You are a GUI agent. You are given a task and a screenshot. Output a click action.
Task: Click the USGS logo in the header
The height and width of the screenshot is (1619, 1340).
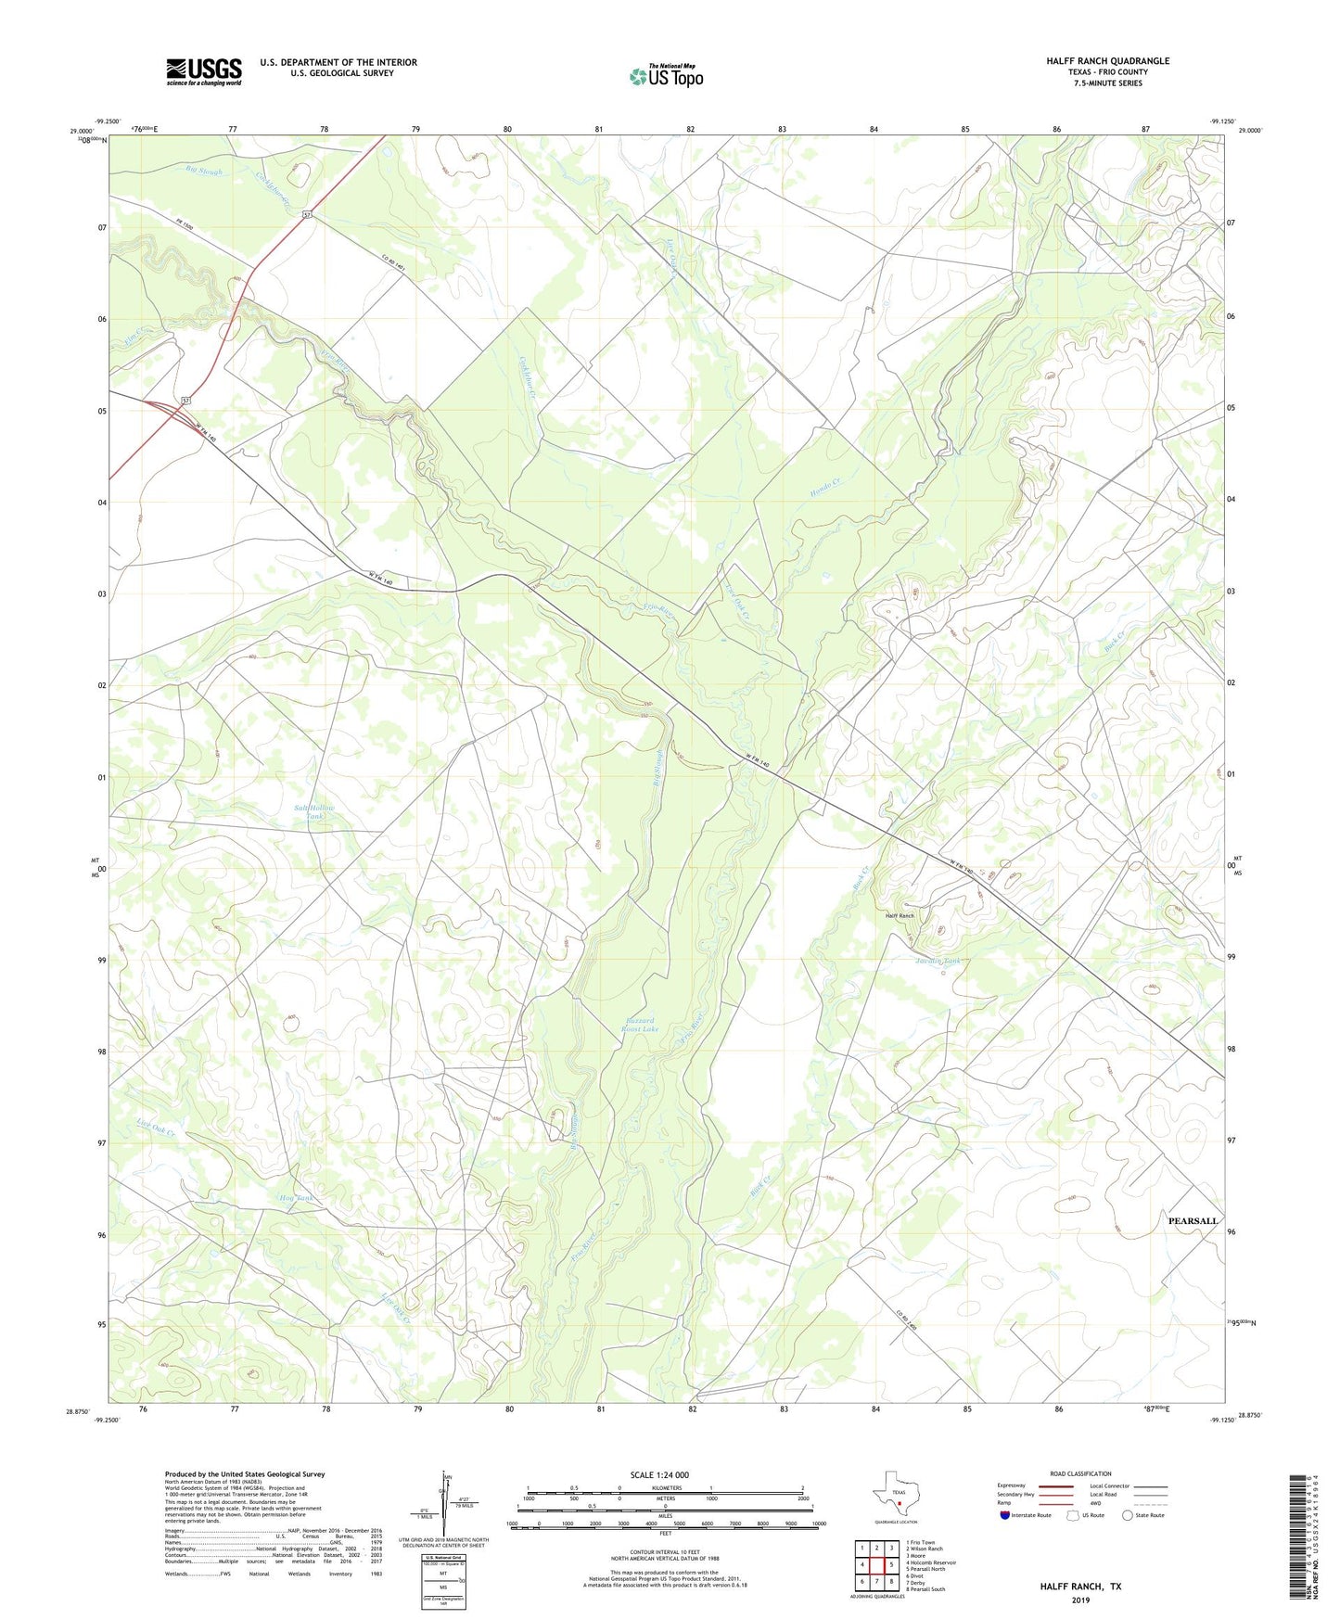(204, 71)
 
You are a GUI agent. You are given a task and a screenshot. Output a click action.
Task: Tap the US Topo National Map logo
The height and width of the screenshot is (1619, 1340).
(666, 75)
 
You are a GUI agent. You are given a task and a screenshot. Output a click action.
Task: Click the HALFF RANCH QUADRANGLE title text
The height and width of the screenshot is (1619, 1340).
(1107, 61)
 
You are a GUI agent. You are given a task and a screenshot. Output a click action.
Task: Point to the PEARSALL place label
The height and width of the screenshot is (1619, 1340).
(1193, 1221)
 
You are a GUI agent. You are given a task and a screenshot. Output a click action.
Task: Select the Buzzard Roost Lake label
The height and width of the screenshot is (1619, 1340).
(639, 1025)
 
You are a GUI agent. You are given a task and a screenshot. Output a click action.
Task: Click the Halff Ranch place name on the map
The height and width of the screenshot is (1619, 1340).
(900, 915)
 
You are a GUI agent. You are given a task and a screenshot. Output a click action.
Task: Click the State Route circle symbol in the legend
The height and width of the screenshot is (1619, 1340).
(1128, 1515)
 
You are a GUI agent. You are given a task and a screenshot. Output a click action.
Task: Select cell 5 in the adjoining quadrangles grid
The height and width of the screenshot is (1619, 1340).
(891, 1564)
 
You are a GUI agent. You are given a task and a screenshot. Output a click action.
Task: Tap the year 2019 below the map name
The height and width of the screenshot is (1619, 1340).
(1080, 1600)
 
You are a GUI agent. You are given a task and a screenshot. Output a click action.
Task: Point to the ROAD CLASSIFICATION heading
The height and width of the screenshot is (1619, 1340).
(1080, 1473)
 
